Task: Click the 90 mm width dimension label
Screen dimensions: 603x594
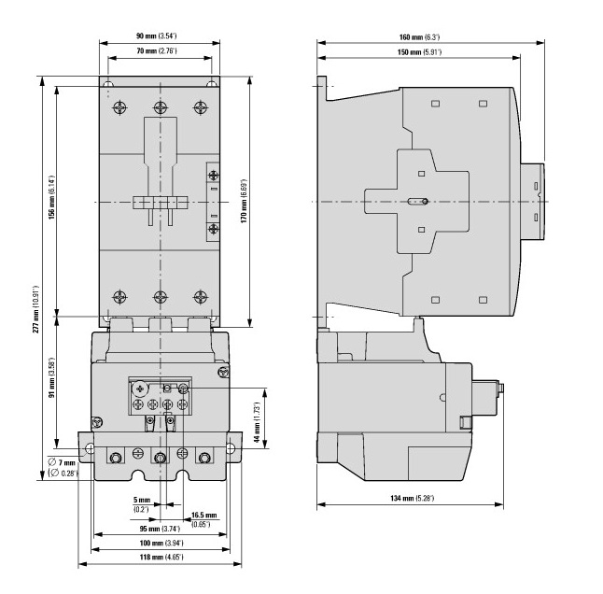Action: pos(156,36)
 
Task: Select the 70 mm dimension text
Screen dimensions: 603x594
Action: pos(157,50)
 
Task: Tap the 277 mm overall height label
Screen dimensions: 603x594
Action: pos(35,309)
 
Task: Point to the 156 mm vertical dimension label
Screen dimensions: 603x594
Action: pos(51,197)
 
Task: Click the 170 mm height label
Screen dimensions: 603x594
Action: pos(244,202)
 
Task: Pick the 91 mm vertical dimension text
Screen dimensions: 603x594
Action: pos(51,378)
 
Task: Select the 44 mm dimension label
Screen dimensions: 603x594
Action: pos(258,421)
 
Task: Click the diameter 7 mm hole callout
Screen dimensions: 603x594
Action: pos(63,467)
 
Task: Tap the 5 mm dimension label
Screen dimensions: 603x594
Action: pos(142,504)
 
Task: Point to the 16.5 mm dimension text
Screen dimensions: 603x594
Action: pos(203,519)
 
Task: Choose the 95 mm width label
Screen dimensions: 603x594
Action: pos(160,529)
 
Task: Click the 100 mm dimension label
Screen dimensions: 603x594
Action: pos(161,544)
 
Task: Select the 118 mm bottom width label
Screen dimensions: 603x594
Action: pos(161,557)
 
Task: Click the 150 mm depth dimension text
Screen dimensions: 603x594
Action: pos(419,52)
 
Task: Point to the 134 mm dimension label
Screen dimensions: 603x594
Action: pos(413,498)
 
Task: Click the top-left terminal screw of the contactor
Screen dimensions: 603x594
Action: pos(120,107)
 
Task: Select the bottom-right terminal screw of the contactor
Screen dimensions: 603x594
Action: pos(201,297)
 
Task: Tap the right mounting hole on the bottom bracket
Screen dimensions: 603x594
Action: pos(230,448)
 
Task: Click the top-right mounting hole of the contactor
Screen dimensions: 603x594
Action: pos(211,84)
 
